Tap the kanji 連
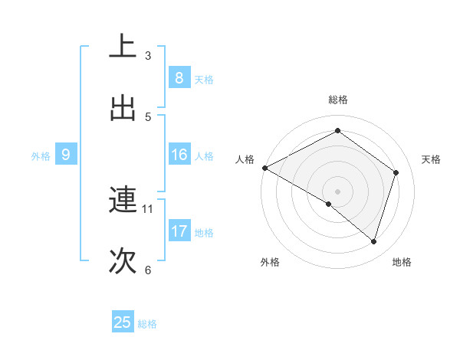[123, 201]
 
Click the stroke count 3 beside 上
[148, 55]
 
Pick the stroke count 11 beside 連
[148, 208]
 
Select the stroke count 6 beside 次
[148, 270]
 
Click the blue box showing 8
[179, 77]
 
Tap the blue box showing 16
[179, 155]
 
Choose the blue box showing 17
[179, 231]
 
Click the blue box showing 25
[123, 322]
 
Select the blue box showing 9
[66, 155]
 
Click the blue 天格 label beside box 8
[204, 79]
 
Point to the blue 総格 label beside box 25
[147, 324]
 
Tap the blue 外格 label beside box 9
[41, 156]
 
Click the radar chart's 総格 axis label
[337, 100]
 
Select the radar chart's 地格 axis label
[402, 262]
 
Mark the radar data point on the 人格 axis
[264, 168]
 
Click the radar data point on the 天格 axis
[396, 172]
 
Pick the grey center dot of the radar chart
[337, 191]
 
